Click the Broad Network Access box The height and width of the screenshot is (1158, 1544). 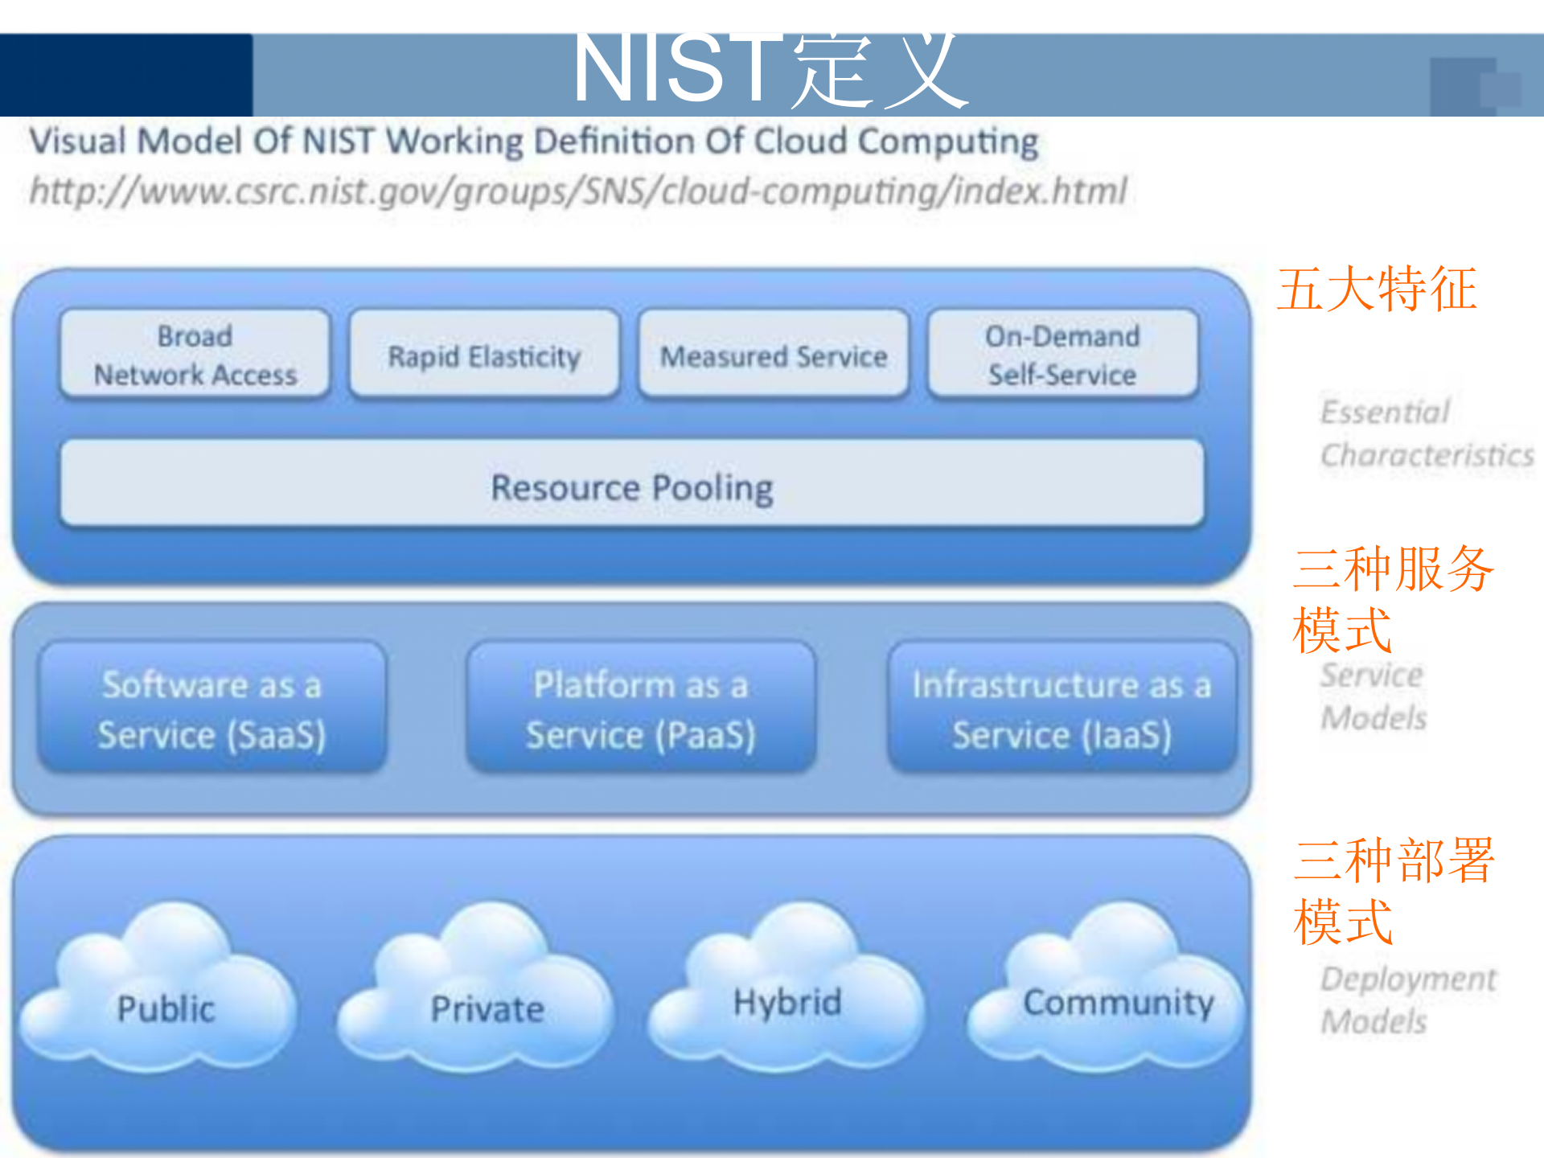(195, 355)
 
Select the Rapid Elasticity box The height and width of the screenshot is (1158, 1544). (484, 355)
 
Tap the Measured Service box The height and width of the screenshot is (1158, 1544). (774, 355)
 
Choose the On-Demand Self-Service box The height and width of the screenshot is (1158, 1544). (1062, 355)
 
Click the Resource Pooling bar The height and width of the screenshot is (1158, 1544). (632, 485)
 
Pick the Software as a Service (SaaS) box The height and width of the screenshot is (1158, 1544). (211, 708)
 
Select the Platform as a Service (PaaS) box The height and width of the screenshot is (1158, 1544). (641, 708)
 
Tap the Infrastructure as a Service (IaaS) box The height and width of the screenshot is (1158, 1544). (1061, 708)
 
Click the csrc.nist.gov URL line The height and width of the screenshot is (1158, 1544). (577, 191)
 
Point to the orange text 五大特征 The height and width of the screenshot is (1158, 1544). (1377, 289)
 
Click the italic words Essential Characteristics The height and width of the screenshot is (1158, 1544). (1426, 433)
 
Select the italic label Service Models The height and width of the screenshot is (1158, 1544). (1373, 696)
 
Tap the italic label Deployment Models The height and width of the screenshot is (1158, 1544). (1407, 1000)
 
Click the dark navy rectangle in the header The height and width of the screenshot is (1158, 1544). (126, 75)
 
